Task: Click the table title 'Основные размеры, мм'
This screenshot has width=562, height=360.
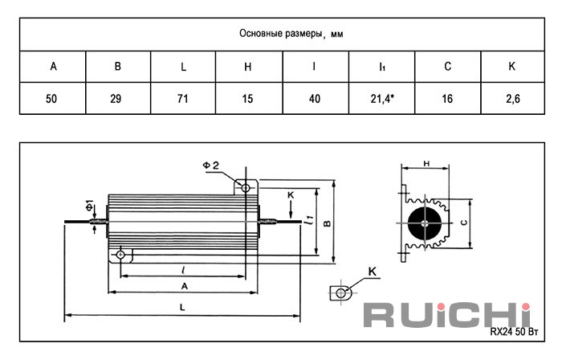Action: pos(291,34)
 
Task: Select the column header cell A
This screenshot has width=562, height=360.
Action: pos(53,67)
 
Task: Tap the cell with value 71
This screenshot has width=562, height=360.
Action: pos(183,99)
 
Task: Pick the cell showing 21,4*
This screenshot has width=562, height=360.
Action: pos(382,99)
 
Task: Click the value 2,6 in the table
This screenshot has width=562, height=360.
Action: pos(513,99)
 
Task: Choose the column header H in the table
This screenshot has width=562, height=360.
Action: pos(247,67)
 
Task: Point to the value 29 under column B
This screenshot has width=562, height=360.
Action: pos(116,99)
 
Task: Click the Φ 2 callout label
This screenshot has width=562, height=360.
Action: pos(210,166)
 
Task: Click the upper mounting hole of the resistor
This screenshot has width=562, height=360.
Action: pos(246,187)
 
